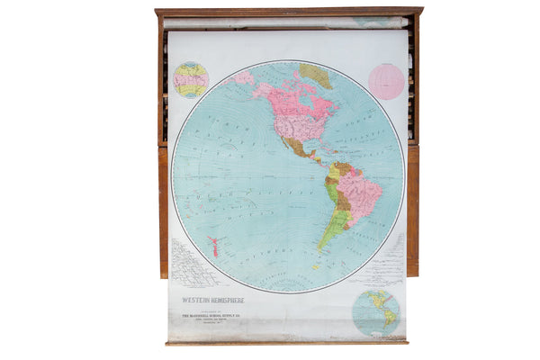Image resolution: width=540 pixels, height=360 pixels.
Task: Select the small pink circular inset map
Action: click(386, 81)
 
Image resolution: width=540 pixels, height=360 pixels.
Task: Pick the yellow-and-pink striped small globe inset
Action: click(191, 79)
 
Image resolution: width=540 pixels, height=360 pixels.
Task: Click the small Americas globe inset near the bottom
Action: click(375, 311)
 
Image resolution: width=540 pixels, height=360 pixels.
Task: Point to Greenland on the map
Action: click(315, 75)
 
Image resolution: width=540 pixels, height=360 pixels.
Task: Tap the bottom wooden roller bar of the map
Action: click(286, 342)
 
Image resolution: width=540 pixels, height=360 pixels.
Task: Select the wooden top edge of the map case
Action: click(288, 12)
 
